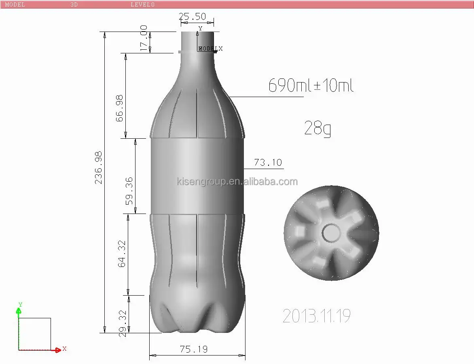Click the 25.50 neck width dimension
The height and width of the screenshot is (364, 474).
(x=193, y=17)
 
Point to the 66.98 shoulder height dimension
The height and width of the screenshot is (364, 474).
(x=119, y=108)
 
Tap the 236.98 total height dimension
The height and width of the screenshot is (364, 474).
(x=99, y=167)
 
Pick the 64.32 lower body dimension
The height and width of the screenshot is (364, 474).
(x=122, y=254)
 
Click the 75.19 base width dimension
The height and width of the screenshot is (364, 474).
(x=194, y=349)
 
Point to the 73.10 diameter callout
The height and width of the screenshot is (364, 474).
(x=268, y=163)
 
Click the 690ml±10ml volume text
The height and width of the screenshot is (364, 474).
(x=311, y=86)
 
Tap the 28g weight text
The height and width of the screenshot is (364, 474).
(x=317, y=129)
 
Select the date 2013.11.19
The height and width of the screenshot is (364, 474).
(x=316, y=315)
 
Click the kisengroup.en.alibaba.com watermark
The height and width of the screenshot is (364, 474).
(x=237, y=182)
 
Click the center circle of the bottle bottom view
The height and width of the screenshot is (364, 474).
(x=331, y=233)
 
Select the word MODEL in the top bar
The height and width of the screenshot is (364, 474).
(x=15, y=4)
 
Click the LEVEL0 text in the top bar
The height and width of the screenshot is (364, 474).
(x=142, y=4)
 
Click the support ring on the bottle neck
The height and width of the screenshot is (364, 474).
(x=197, y=52)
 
